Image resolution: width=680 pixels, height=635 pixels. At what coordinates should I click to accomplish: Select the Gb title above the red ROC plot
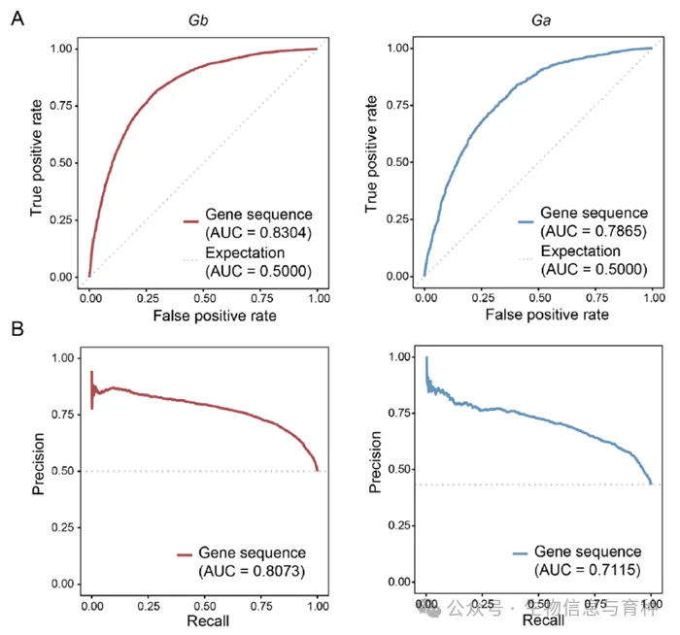tap(204, 18)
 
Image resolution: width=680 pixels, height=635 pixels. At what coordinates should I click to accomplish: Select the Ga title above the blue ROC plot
tap(541, 18)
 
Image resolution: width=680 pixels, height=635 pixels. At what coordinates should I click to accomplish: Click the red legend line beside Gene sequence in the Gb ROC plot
tap(189, 222)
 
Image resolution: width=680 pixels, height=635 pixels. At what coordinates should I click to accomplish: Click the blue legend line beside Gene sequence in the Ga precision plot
tap(525, 552)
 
